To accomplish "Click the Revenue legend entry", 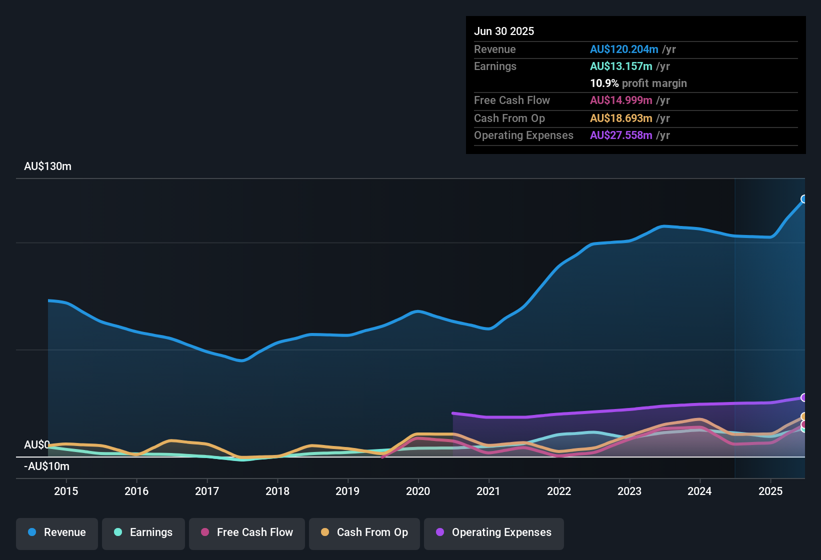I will [x=57, y=532].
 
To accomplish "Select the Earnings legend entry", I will [x=143, y=532].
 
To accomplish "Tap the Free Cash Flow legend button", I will [x=247, y=532].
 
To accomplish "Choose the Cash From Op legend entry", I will [x=364, y=532].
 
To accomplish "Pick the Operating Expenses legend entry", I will [x=494, y=532].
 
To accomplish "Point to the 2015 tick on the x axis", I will [x=66, y=491].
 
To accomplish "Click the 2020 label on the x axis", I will [x=418, y=491].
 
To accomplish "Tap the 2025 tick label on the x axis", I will [x=770, y=491].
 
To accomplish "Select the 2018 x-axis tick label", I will [x=277, y=491].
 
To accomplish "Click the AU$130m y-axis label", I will [x=48, y=166].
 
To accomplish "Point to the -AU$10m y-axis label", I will [x=47, y=466].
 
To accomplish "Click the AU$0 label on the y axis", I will [x=36, y=445].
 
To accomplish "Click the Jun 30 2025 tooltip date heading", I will [x=504, y=31].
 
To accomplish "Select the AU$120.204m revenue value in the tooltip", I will [x=624, y=49].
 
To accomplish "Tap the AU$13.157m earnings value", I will [x=621, y=66].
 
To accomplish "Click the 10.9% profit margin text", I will [x=638, y=83].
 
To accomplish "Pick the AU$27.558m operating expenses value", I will [x=621, y=135].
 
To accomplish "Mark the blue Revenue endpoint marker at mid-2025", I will [x=803, y=199].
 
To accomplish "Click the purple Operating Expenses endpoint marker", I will [x=803, y=397].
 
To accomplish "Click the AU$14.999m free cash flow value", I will [x=621, y=100].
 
